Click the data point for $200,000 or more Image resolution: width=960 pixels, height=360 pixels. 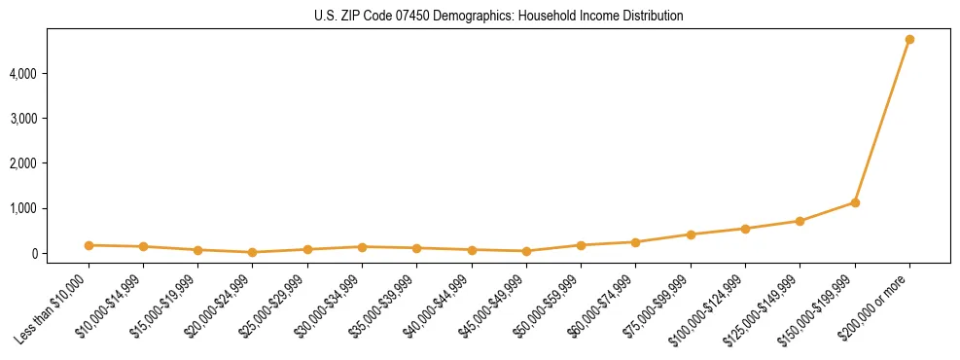909,40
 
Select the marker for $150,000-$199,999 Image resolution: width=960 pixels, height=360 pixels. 855,202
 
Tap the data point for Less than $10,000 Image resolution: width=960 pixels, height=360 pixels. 89,245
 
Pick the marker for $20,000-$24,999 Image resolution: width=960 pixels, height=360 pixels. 253,252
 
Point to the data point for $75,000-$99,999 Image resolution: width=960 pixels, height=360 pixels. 691,234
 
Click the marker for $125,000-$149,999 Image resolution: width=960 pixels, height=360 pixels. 800,221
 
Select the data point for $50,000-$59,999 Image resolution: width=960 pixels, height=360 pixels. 581,245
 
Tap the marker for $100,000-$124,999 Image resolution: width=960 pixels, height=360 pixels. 745,229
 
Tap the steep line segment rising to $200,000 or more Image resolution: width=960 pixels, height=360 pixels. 882,121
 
